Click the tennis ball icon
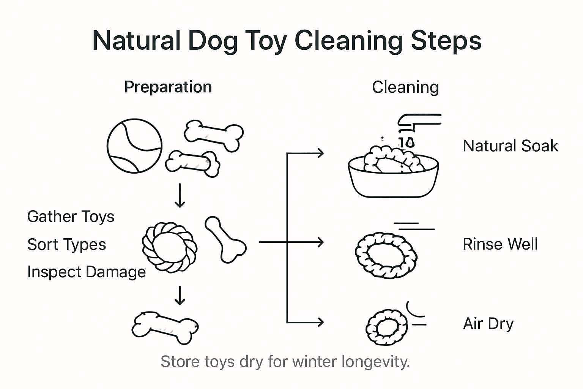click(x=134, y=146)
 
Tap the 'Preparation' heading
click(x=168, y=87)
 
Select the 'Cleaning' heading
click(x=405, y=87)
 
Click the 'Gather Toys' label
click(x=71, y=217)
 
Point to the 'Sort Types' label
click(x=66, y=244)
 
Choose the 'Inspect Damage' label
click(x=87, y=272)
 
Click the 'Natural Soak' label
click(x=510, y=146)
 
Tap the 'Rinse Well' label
click(x=500, y=244)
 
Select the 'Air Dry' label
click(x=488, y=324)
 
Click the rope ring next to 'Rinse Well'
click(x=386, y=255)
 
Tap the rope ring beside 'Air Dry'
click(x=386, y=327)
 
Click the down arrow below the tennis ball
click(x=180, y=196)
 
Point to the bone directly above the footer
click(x=165, y=327)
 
